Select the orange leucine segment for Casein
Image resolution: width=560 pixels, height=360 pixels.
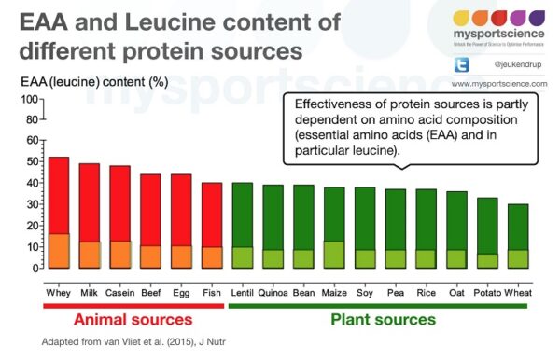click(x=119, y=254)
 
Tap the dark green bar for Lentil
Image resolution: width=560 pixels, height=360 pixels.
click(x=242, y=215)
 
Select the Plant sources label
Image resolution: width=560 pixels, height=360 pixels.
click(x=383, y=320)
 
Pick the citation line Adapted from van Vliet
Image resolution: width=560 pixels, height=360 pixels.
click(x=133, y=343)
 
